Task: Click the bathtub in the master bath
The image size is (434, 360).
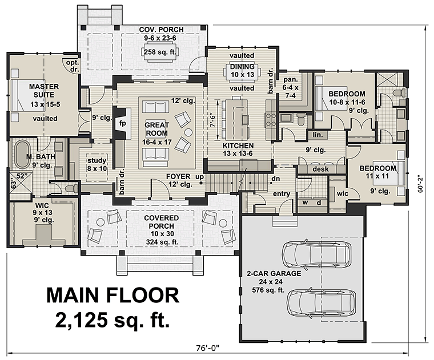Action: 21,155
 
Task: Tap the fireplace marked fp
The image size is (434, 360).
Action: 122,123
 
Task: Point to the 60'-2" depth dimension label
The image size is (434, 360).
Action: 421,183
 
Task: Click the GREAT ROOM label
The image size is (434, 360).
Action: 156,129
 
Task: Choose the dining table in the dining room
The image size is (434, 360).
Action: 242,71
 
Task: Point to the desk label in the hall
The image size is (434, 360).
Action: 320,169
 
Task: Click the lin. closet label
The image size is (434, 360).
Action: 318,135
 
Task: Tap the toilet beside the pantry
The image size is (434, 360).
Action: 300,119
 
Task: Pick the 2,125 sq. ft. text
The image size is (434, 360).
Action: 112,319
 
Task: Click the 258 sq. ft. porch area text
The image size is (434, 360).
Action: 160,51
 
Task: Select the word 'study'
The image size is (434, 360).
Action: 97,161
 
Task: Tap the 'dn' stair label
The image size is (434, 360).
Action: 275,179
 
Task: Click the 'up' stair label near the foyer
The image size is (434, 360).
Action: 199,177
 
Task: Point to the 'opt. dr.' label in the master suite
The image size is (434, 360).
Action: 73,66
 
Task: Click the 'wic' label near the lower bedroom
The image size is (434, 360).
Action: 343,193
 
